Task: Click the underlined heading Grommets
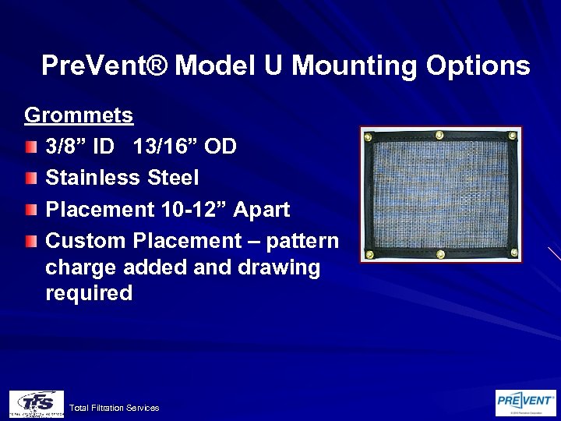[x=79, y=115]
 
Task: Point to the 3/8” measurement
[x=68, y=147]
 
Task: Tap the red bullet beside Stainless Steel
[x=30, y=179]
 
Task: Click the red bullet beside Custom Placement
[x=30, y=241]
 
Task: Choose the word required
[x=89, y=293]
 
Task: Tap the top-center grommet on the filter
[x=439, y=135]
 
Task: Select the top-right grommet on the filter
[x=510, y=135]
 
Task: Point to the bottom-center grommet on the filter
[x=442, y=253]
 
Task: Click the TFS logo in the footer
[x=36, y=403]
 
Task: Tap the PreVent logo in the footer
[x=526, y=402]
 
